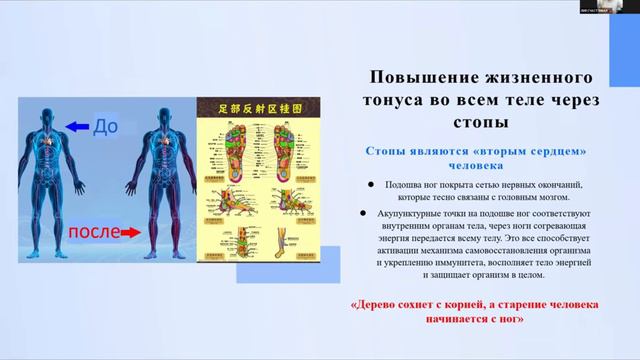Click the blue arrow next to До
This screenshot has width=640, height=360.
75,127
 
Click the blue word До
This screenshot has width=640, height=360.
105,127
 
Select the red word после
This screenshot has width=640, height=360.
95,232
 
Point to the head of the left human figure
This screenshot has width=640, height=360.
50,109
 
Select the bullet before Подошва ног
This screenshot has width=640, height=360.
371,184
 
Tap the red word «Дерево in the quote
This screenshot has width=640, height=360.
377,305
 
